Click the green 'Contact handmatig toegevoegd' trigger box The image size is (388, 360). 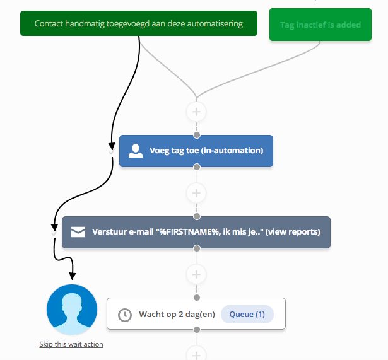tap(138, 23)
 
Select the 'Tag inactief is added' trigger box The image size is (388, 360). tap(320, 25)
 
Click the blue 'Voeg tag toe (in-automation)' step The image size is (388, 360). tap(196, 151)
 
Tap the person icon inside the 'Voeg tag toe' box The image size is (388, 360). tap(136, 151)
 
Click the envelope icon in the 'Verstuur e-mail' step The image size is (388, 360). tap(78, 232)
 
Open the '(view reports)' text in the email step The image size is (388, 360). tap(293, 232)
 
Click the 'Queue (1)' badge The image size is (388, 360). tap(247, 314)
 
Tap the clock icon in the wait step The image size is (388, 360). tap(125, 315)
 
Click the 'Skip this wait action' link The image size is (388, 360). tap(71, 344)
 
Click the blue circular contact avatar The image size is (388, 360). tap(72, 310)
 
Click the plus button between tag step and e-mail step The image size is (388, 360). tap(196, 192)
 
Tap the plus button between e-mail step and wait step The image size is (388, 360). tap(196, 274)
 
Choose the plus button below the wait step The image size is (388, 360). tap(196, 353)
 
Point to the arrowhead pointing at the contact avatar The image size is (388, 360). tap(72, 277)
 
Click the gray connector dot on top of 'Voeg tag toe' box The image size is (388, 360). tap(196, 135)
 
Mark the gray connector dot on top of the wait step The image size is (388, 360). tap(196, 298)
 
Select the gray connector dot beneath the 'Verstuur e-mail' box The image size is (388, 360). tap(196, 248)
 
